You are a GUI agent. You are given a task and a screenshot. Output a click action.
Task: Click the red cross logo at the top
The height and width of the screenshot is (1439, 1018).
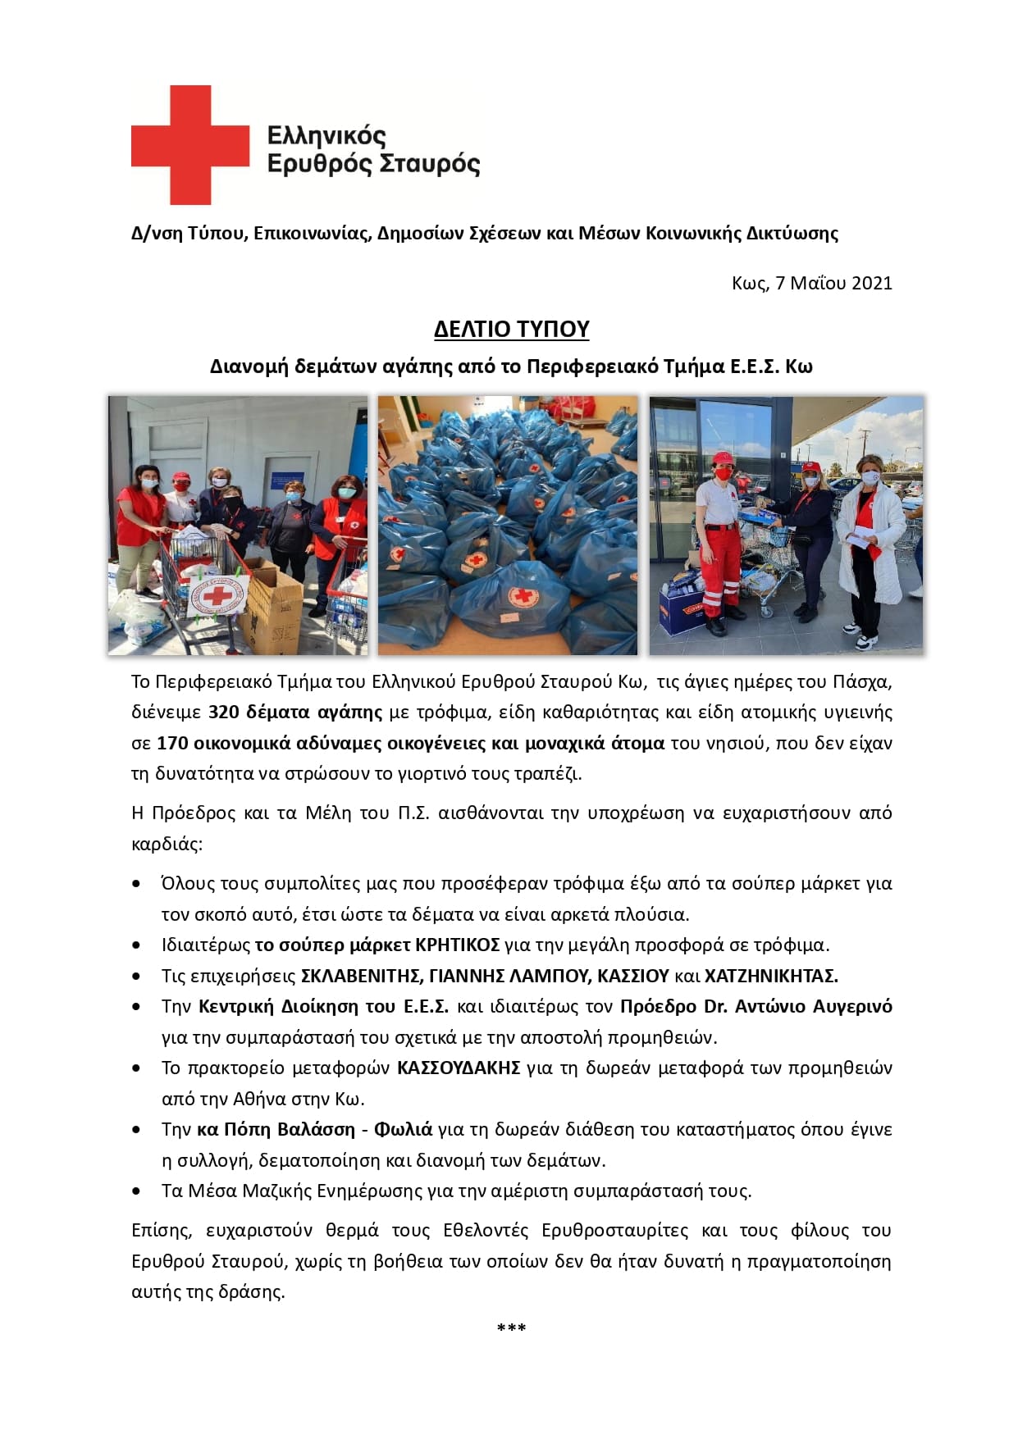[189, 145]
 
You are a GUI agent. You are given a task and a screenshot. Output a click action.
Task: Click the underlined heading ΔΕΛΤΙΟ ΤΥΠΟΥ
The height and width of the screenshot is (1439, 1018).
[511, 329]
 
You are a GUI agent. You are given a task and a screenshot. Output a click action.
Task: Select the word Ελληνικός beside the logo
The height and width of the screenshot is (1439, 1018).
[326, 135]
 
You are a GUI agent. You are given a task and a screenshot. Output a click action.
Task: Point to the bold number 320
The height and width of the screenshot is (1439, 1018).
[224, 712]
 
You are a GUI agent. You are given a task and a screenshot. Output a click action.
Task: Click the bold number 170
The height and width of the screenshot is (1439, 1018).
[172, 743]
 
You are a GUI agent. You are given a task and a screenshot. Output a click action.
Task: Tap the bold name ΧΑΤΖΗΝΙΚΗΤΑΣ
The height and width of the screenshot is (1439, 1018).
[771, 976]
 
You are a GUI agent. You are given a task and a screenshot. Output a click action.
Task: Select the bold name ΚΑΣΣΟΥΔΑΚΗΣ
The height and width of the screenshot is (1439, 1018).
[459, 1068]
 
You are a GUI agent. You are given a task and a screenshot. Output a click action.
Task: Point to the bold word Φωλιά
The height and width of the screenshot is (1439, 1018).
[403, 1129]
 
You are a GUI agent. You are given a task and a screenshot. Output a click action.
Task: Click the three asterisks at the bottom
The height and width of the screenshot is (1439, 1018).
[511, 1328]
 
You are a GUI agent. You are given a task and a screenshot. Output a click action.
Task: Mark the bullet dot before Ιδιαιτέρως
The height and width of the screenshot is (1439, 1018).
[136, 945]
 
